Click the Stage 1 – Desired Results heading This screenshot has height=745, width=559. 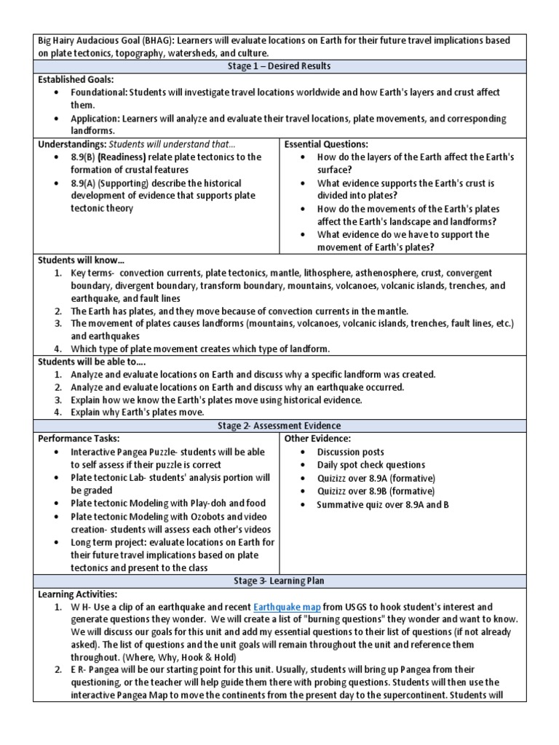[279, 66]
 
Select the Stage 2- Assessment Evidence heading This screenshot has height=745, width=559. [279, 426]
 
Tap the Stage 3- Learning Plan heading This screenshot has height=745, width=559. [279, 581]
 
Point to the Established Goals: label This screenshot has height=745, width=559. [76, 80]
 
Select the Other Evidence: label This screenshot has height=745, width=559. [317, 439]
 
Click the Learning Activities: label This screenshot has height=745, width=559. [76, 594]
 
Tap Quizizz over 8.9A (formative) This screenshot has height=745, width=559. [376, 478]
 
